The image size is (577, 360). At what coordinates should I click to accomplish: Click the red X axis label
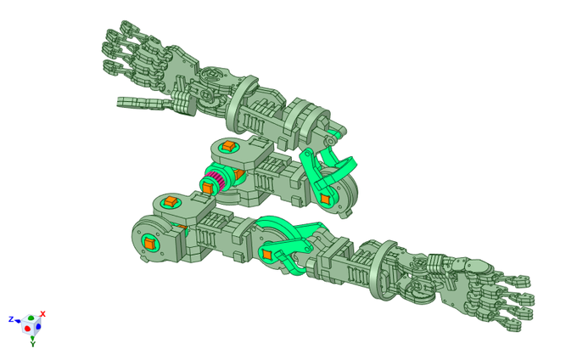click(x=42, y=314)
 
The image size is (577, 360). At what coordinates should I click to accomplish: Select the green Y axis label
click(x=33, y=344)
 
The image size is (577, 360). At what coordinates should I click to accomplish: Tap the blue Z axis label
click(x=11, y=319)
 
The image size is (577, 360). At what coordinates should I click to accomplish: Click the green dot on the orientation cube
click(x=31, y=318)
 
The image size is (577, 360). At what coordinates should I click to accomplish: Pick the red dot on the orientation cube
click(x=27, y=328)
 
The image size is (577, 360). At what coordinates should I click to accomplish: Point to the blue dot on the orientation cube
click(x=38, y=327)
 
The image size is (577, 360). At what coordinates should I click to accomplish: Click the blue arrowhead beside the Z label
click(x=18, y=321)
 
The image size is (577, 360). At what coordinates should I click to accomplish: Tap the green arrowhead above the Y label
click(x=32, y=338)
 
